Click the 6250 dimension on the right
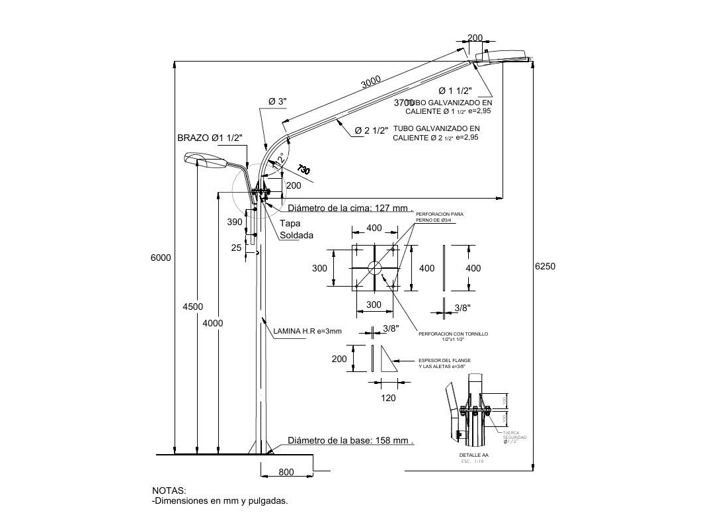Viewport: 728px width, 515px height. coord(545,267)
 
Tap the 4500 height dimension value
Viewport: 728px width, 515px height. coord(193,306)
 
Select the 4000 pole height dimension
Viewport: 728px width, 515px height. coord(213,323)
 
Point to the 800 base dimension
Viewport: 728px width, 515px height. coord(286,472)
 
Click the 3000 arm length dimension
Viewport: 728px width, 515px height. coord(371,82)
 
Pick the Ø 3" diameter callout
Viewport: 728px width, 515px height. coord(277,101)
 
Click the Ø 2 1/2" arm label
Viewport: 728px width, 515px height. coord(371,130)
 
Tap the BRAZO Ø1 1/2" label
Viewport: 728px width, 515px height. coord(210,138)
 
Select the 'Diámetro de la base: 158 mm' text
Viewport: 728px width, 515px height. coord(350,441)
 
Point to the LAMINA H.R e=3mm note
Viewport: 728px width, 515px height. coord(307,331)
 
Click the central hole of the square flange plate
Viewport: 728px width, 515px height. coord(374,267)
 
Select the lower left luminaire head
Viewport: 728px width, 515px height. coord(204,158)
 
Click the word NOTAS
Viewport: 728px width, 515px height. coord(169,491)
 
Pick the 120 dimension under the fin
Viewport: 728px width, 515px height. coord(389,398)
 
